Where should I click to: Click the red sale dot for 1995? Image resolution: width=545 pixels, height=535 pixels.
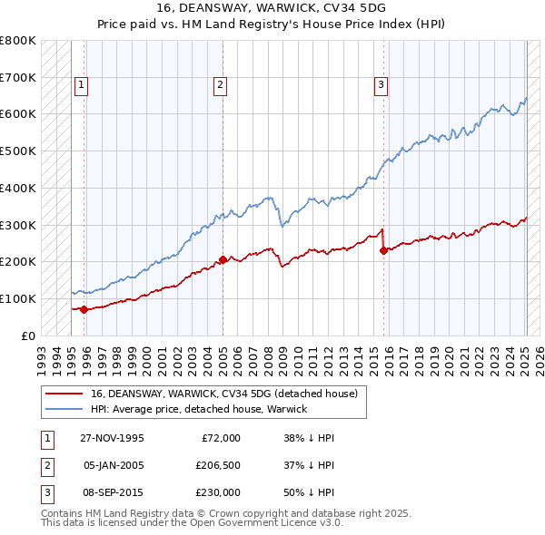84,309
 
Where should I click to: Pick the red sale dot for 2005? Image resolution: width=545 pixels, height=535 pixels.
223,259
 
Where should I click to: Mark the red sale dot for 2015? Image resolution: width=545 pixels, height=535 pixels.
383,250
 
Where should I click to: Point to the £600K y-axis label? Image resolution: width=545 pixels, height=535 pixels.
18,114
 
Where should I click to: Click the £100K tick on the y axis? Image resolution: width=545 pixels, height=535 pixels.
18,298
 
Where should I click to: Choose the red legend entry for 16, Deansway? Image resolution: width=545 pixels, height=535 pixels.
224,394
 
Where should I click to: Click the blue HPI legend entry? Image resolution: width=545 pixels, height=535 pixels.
198,409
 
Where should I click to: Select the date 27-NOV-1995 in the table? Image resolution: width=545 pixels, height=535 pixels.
112,438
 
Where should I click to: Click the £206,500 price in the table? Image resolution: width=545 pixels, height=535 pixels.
218,465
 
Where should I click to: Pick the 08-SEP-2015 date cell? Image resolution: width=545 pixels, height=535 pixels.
112,492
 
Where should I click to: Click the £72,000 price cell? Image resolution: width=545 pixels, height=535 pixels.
221,438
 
